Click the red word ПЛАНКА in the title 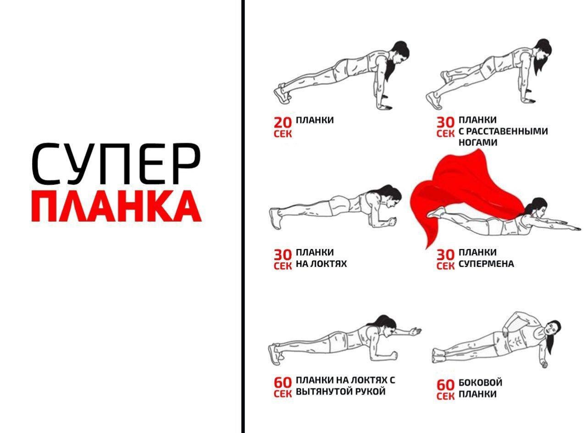pyautogui.click(x=116, y=206)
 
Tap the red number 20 pyautogui.click(x=283, y=122)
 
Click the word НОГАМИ pyautogui.click(x=478, y=142)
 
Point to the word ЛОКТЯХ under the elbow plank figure pyautogui.click(x=329, y=264)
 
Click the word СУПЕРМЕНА pyautogui.click(x=486, y=264)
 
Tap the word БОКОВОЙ pyautogui.click(x=480, y=383)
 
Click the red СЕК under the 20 pyautogui.click(x=283, y=134)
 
